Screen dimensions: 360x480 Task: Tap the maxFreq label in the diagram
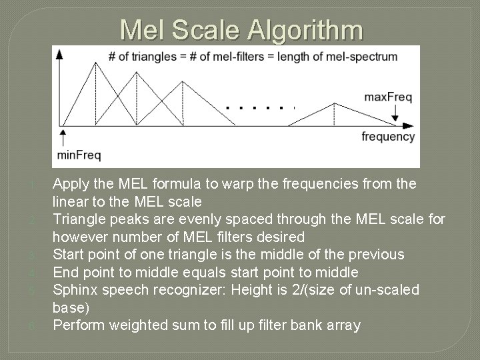coord(387,97)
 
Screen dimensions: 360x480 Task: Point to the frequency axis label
coord(388,137)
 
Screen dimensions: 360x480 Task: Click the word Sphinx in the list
coord(75,290)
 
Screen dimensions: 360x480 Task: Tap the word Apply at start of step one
coord(70,183)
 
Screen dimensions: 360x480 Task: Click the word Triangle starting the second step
coord(78,219)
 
